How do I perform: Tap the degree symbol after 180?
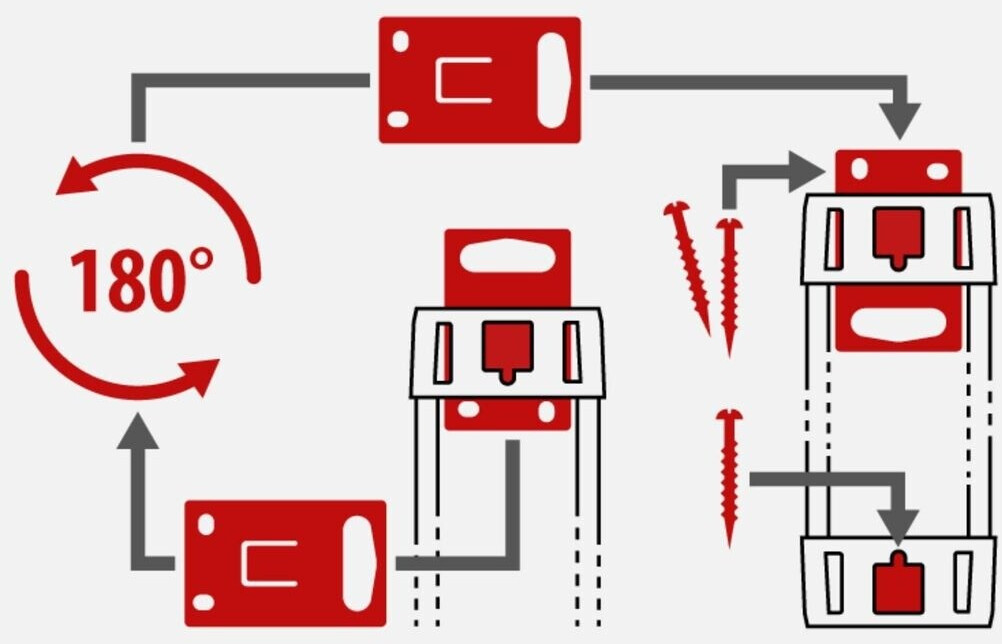pos(201,262)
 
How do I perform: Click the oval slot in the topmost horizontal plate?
pos(553,79)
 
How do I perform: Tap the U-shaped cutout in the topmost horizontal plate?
pos(464,80)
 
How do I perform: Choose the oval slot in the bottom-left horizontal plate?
pos(359,563)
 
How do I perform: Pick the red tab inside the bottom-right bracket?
pos(898,588)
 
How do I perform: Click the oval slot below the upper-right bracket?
pos(898,325)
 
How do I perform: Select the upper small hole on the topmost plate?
pos(400,41)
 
